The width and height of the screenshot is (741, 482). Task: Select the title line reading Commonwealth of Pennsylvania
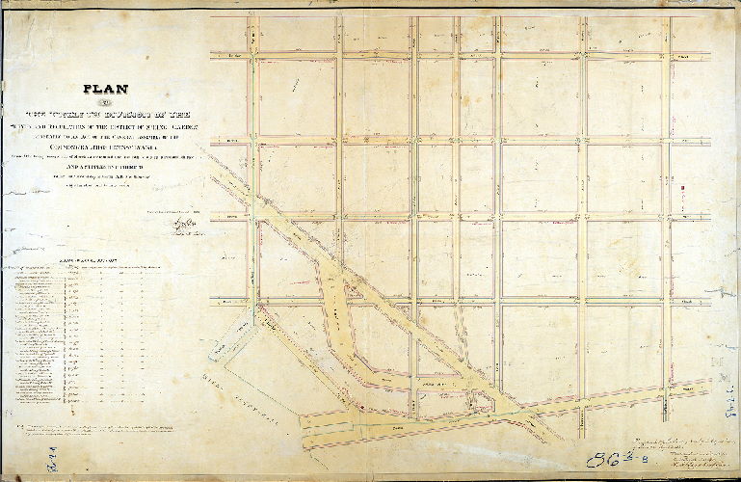pos(103,149)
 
